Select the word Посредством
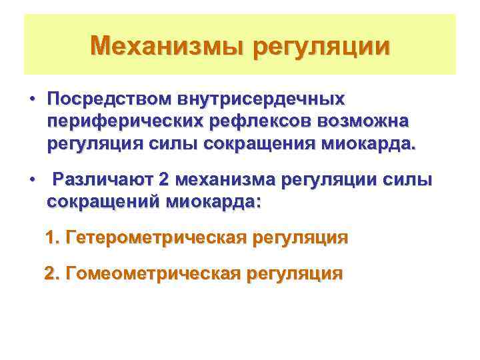pos(109,99)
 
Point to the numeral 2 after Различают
pos(165,180)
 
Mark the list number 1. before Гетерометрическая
pos(53,238)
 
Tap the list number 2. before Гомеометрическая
pos(51,273)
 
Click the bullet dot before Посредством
pos(32,100)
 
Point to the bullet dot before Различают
pos(32,181)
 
